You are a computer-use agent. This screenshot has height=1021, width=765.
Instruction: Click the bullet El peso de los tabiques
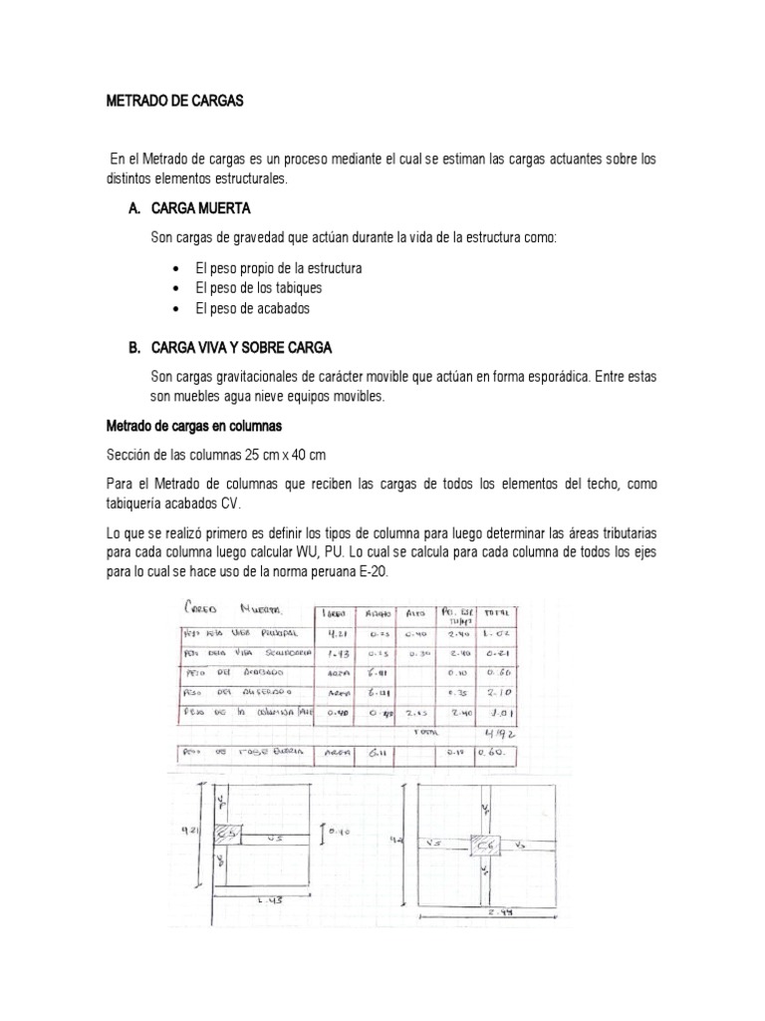[x=258, y=287]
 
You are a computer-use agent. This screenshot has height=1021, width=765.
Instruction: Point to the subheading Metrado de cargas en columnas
[x=194, y=427]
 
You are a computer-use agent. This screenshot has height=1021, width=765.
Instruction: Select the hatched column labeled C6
[x=488, y=844]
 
